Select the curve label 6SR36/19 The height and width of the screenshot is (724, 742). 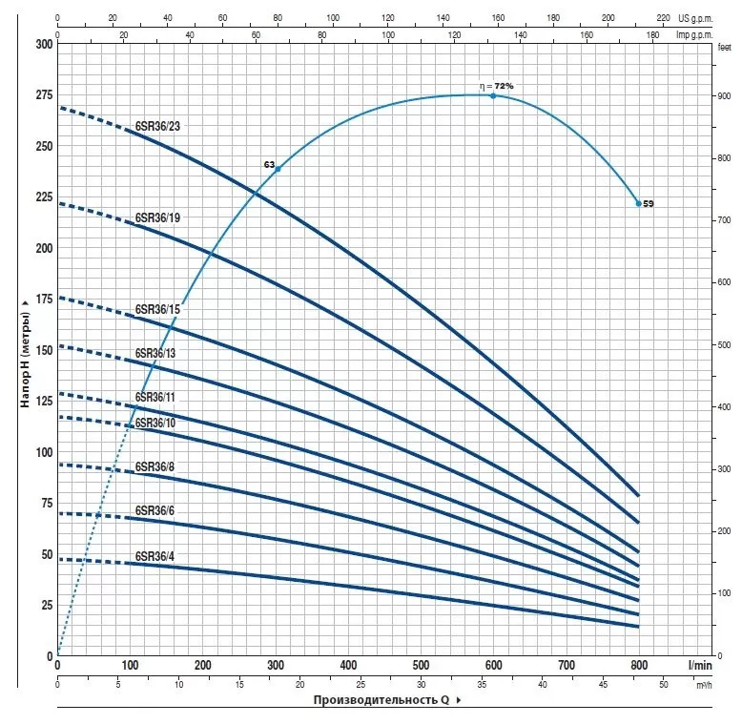(158, 217)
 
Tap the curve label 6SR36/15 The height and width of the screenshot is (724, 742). (157, 309)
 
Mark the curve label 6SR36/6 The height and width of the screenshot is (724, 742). (155, 511)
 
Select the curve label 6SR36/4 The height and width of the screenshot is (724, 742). (155, 555)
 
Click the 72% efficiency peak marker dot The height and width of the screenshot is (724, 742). (493, 95)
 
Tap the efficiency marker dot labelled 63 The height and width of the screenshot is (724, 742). (278, 169)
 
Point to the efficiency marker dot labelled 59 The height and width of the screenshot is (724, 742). (639, 203)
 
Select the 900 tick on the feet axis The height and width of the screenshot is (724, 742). (722, 97)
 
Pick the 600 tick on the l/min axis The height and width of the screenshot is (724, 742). (493, 665)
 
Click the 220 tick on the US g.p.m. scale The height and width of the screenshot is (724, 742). (664, 18)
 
